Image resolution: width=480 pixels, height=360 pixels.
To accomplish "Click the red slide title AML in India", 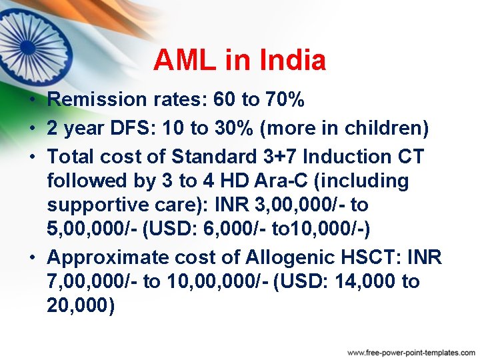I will [x=239, y=61].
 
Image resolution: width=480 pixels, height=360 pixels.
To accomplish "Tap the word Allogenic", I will [x=292, y=257].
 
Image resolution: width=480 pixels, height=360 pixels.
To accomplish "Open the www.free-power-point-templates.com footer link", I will [x=411, y=351].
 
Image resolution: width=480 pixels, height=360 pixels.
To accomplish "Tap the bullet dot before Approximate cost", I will [x=33, y=257].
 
